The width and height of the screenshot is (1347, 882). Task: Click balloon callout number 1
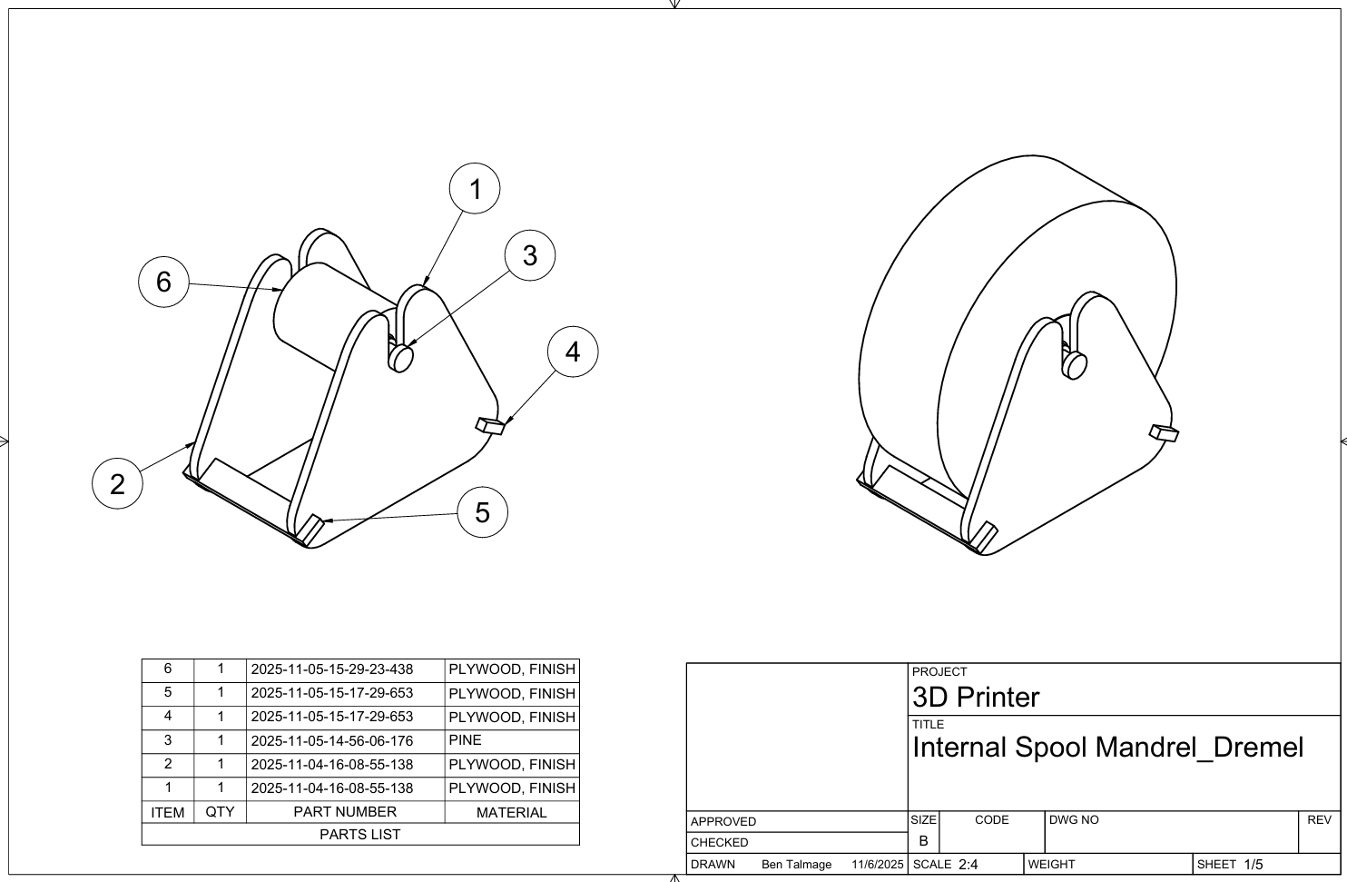(475, 188)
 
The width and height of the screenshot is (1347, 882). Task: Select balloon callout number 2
(117, 484)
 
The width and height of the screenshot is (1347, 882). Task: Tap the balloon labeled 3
(530, 255)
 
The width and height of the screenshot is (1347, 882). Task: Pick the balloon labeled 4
(573, 352)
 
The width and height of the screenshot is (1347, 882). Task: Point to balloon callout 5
(482, 512)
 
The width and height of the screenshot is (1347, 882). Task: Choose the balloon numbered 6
(163, 282)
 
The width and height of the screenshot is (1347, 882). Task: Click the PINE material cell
(465, 740)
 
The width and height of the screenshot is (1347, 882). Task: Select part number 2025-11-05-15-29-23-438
(332, 669)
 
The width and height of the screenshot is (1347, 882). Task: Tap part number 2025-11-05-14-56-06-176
(332, 740)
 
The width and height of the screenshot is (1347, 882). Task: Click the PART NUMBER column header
(345, 812)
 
